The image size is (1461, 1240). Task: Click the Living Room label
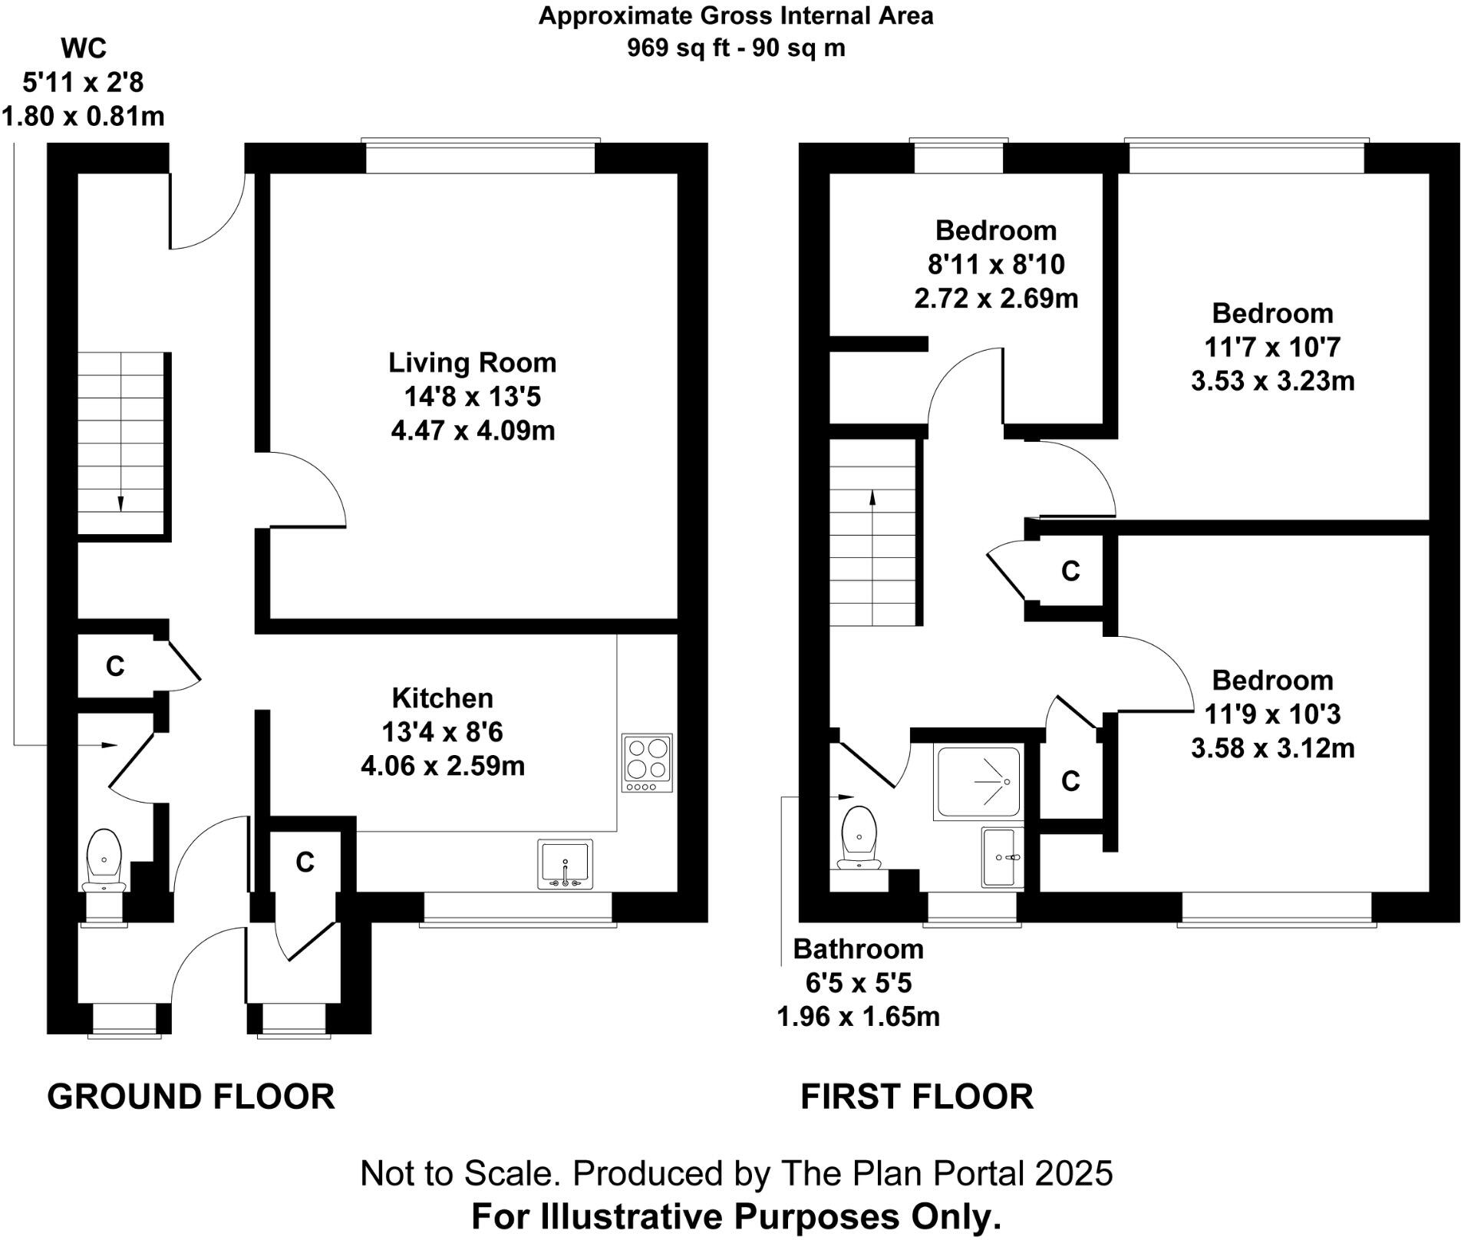[x=472, y=363]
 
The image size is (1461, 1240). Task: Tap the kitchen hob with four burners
[x=647, y=763]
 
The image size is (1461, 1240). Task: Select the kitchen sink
[x=566, y=864]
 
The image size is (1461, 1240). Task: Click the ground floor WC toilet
[x=104, y=859]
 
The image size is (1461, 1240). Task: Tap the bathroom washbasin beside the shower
[x=1002, y=857]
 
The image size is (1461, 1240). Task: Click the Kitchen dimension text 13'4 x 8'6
[x=442, y=732]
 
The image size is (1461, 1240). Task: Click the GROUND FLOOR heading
[x=191, y=1097]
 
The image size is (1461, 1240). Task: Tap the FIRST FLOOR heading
[x=917, y=1097]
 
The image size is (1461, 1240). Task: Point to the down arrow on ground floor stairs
[x=120, y=503]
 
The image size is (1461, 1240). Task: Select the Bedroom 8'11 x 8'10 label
[x=996, y=264]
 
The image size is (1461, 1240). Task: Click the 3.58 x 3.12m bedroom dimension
[x=1272, y=747]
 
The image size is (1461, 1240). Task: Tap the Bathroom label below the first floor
[x=858, y=949]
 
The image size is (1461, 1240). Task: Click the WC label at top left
[x=83, y=49]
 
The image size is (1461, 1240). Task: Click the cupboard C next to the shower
[x=1070, y=781]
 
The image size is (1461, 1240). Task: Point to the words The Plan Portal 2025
[x=945, y=1173]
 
